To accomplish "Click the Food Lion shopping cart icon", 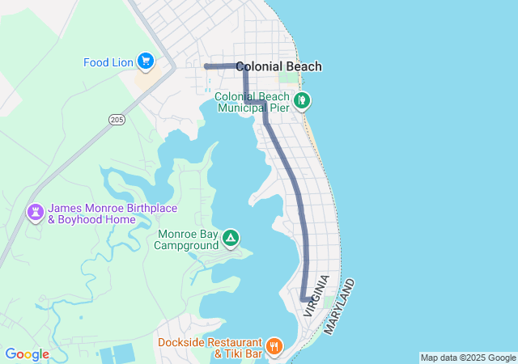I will coord(145,61).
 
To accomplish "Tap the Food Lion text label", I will coord(108,62).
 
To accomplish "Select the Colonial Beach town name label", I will coord(280,67).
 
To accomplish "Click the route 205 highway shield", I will coord(117,120).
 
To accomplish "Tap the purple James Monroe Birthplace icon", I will coord(36,212).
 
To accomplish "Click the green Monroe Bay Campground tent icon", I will coord(231,238).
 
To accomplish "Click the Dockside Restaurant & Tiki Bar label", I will coord(210,348).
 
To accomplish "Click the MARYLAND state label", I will coord(340,307).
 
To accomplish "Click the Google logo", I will coord(27,354).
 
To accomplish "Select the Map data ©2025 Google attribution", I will coord(468,358).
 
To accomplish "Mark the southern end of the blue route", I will coord(304,298).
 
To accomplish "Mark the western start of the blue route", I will coord(206,66).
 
